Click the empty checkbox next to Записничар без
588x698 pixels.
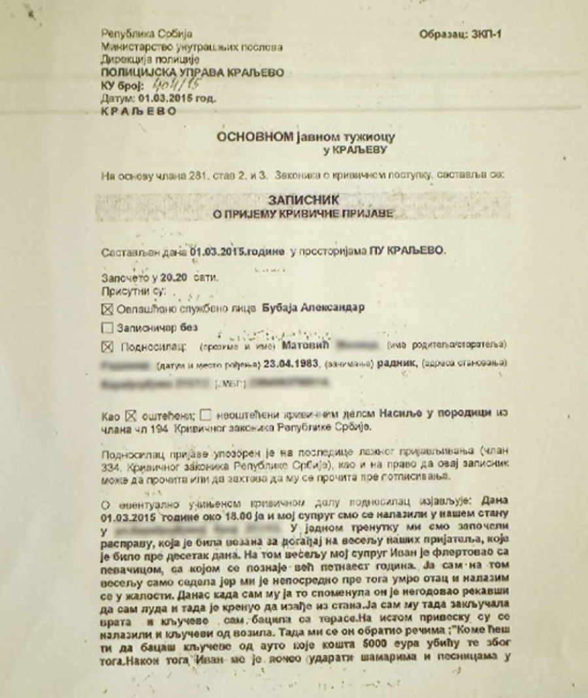pyautogui.click(x=108, y=327)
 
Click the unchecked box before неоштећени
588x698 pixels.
pyautogui.click(x=206, y=414)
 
